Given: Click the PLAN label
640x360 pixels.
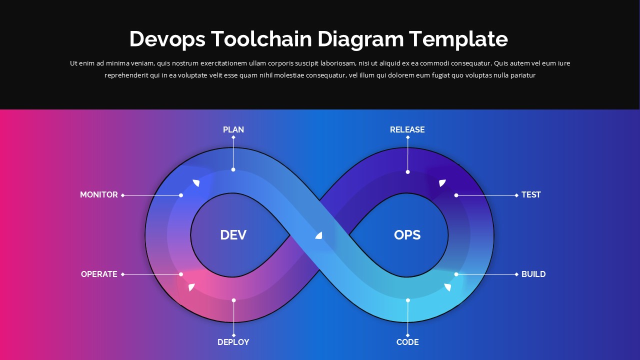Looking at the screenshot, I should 233,129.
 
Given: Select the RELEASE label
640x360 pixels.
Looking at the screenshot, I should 407,129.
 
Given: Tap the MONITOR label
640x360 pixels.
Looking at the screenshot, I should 99,194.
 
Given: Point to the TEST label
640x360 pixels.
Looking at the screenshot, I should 531,194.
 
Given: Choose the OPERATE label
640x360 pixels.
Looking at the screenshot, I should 99,274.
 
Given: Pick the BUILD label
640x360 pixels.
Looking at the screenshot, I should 533,274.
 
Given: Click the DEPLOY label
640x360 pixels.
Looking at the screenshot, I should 233,342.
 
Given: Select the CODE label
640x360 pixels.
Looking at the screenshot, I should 407,342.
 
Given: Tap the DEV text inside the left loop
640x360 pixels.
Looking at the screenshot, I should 233,234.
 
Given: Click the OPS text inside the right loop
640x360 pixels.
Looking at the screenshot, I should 407,234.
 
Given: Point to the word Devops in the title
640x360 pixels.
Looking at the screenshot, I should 167,39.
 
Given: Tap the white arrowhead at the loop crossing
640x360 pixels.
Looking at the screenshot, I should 319,235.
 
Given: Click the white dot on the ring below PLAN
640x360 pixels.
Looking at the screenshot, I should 233,169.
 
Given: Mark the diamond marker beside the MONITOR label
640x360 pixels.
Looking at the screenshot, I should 123,195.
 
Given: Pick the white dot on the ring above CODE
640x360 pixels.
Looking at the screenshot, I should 407,300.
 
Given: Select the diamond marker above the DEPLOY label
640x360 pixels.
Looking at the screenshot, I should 233,335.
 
